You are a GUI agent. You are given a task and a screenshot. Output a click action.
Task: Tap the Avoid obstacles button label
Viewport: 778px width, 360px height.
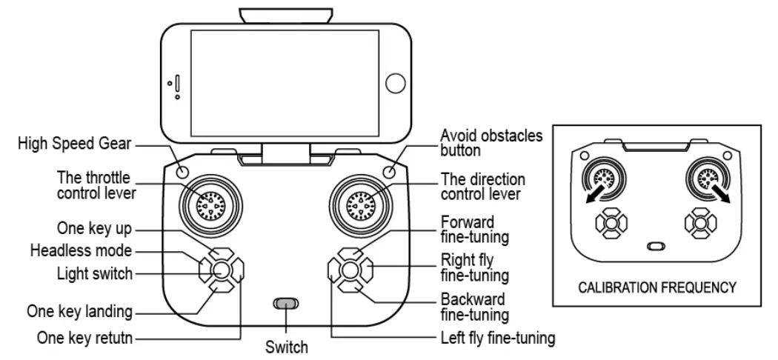[x=491, y=143]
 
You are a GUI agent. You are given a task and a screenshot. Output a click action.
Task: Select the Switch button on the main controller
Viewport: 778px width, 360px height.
[x=285, y=303]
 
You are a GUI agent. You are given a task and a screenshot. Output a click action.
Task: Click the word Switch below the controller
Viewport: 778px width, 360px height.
[x=286, y=346]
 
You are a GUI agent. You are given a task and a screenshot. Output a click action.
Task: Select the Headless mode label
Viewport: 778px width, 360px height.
[x=81, y=250]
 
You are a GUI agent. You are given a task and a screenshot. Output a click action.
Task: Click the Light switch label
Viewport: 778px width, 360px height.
[x=95, y=273]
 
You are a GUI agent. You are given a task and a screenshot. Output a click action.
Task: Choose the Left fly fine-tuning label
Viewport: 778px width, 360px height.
[x=498, y=338]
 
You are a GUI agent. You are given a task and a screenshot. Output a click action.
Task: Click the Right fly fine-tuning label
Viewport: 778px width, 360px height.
[x=474, y=268]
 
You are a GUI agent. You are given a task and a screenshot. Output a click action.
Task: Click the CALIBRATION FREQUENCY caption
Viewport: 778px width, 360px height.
[x=657, y=287]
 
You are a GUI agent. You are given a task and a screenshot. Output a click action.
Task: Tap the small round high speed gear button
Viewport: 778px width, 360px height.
[x=182, y=171]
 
